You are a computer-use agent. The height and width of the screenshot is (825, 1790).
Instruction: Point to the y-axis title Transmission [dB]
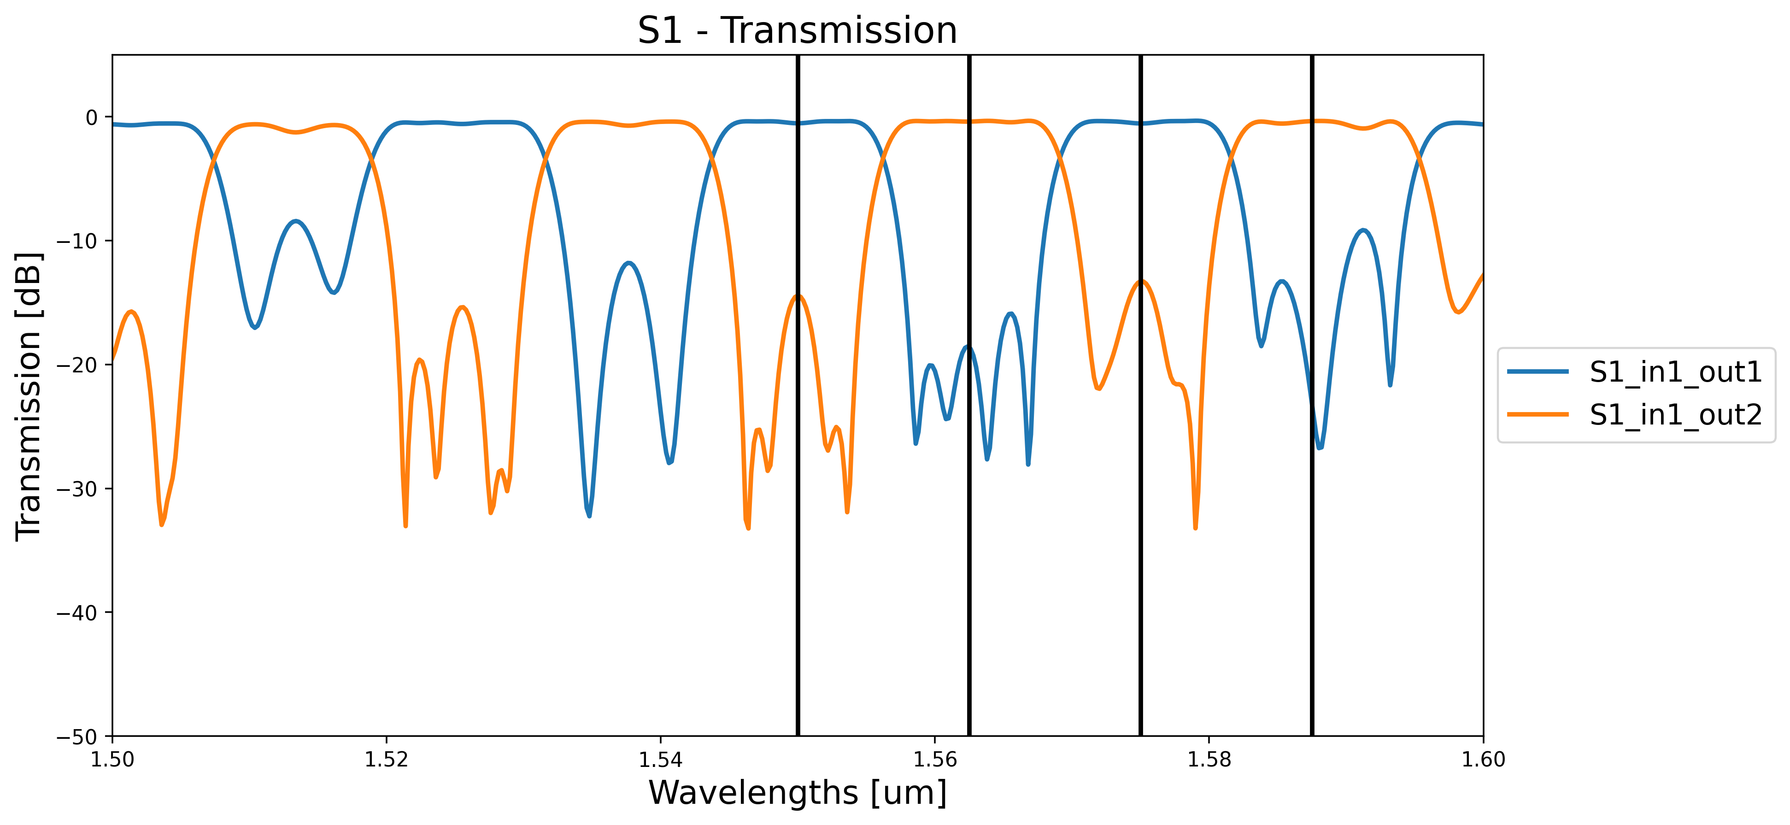point(29,395)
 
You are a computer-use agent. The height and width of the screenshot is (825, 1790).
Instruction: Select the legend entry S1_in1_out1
point(1675,372)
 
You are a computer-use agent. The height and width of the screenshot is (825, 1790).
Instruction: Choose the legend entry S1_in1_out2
point(1675,415)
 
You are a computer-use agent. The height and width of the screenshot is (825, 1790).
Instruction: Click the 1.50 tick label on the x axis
point(112,760)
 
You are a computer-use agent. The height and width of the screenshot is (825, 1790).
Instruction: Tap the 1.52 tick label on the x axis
point(387,760)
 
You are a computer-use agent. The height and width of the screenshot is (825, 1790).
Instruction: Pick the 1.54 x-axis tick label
point(660,760)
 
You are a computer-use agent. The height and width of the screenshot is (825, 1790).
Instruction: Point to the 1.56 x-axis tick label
point(934,760)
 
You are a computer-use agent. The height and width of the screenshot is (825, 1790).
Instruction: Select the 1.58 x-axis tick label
point(1209,760)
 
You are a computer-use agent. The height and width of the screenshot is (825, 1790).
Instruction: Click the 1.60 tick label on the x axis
point(1483,760)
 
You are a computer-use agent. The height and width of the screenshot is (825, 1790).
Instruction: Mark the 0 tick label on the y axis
point(92,118)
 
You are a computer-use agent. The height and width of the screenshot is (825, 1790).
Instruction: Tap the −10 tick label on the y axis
point(81,241)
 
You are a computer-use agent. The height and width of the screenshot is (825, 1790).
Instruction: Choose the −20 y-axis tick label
point(81,365)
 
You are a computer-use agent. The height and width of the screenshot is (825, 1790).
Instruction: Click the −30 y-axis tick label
point(81,489)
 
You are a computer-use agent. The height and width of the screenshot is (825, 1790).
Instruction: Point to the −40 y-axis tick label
point(81,613)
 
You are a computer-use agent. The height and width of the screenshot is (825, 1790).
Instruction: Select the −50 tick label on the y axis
point(81,736)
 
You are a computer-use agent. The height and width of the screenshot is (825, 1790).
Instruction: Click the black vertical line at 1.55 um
point(798,556)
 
